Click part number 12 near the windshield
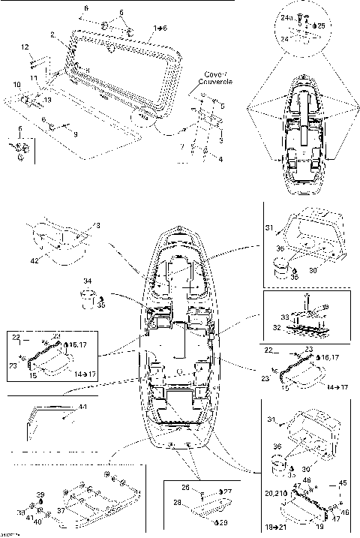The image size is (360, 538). [24, 47]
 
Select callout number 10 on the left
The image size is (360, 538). [16, 83]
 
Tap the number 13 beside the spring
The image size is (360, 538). [48, 99]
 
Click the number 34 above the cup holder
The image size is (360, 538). [87, 281]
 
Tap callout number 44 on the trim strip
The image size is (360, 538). [82, 406]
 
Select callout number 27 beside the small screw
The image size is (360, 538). [229, 491]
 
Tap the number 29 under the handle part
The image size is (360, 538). [223, 521]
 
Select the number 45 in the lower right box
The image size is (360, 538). [343, 482]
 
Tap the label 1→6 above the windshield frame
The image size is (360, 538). [160, 27]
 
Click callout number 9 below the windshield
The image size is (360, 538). [74, 134]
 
